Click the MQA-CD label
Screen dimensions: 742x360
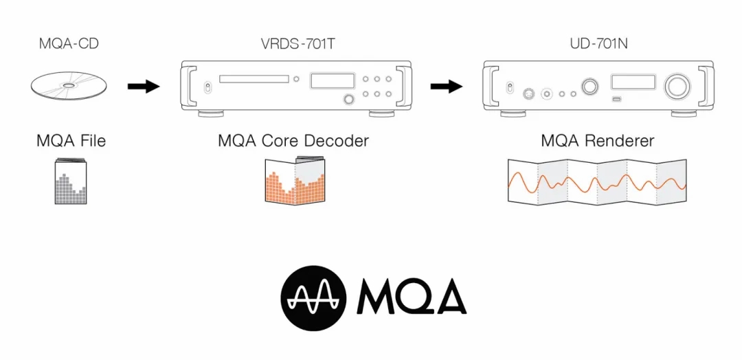(69, 45)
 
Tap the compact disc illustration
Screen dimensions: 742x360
(69, 86)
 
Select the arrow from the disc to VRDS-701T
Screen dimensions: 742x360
(144, 87)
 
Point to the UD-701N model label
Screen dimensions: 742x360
(599, 45)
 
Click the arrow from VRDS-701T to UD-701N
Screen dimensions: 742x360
(447, 87)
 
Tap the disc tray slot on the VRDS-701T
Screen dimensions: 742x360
(254, 79)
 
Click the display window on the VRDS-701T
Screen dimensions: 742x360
(333, 80)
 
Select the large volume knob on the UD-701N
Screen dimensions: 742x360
(676, 86)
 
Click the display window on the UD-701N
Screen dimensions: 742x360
(633, 81)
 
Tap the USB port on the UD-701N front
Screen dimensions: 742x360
(616, 100)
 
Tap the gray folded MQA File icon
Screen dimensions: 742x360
(71, 181)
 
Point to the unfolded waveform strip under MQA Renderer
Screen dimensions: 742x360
(597, 181)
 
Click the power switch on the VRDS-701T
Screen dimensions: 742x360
(207, 87)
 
